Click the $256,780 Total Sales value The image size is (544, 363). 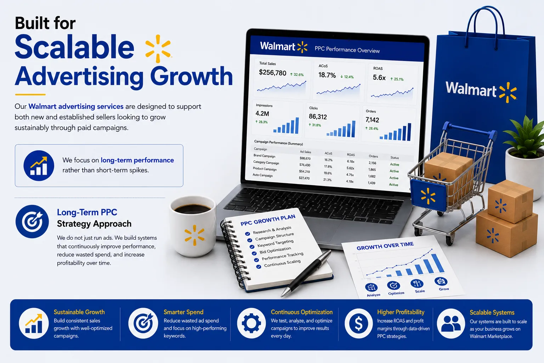click(272, 72)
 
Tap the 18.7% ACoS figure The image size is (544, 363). click(327, 75)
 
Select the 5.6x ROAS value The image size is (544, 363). click(379, 78)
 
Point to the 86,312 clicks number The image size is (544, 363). click(318, 117)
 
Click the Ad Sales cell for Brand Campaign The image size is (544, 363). click(305, 158)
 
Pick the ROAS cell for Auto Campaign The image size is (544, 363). click(350, 181)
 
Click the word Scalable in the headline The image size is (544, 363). click(75, 47)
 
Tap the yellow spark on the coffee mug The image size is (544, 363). click(194, 235)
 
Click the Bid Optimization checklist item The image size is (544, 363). click(275, 250)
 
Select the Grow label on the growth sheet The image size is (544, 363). click(444, 289)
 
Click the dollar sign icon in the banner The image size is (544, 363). click(358, 323)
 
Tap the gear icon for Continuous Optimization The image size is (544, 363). click(251, 323)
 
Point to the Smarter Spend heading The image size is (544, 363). click(183, 312)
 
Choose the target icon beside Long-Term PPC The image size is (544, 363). click(32, 222)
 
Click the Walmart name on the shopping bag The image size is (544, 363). click(471, 89)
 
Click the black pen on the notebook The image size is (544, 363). click(306, 273)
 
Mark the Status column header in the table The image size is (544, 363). click(395, 157)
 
